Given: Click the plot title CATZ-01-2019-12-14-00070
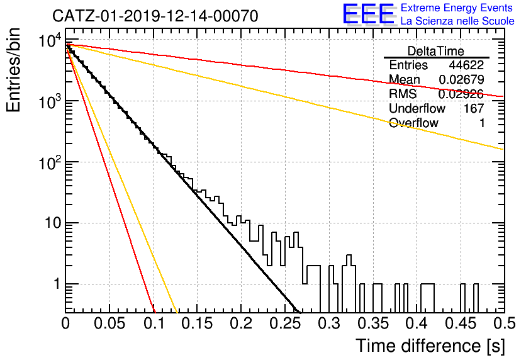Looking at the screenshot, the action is click(155, 16).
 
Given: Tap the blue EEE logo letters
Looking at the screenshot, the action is click(368, 14).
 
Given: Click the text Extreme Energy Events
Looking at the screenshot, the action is click(457, 8).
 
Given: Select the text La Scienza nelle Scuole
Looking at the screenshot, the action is click(457, 21).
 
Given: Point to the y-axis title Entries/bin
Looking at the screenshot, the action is click(14, 70).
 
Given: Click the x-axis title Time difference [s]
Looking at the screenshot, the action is click(430, 346).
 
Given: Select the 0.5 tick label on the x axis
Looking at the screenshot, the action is click(504, 323).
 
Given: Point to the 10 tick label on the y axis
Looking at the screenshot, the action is click(53, 223).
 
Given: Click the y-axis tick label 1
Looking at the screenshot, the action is click(57, 284).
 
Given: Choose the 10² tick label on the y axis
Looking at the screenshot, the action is click(50, 162).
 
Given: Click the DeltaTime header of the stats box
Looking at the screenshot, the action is click(436, 51).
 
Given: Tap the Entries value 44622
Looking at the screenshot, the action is click(466, 65).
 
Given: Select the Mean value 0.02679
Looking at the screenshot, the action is click(462, 79).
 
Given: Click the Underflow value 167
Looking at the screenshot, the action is click(474, 108).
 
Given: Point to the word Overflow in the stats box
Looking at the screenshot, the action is click(413, 123).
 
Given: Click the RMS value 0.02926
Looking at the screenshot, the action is click(461, 94).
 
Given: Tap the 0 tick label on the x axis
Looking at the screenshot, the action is click(65, 323).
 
